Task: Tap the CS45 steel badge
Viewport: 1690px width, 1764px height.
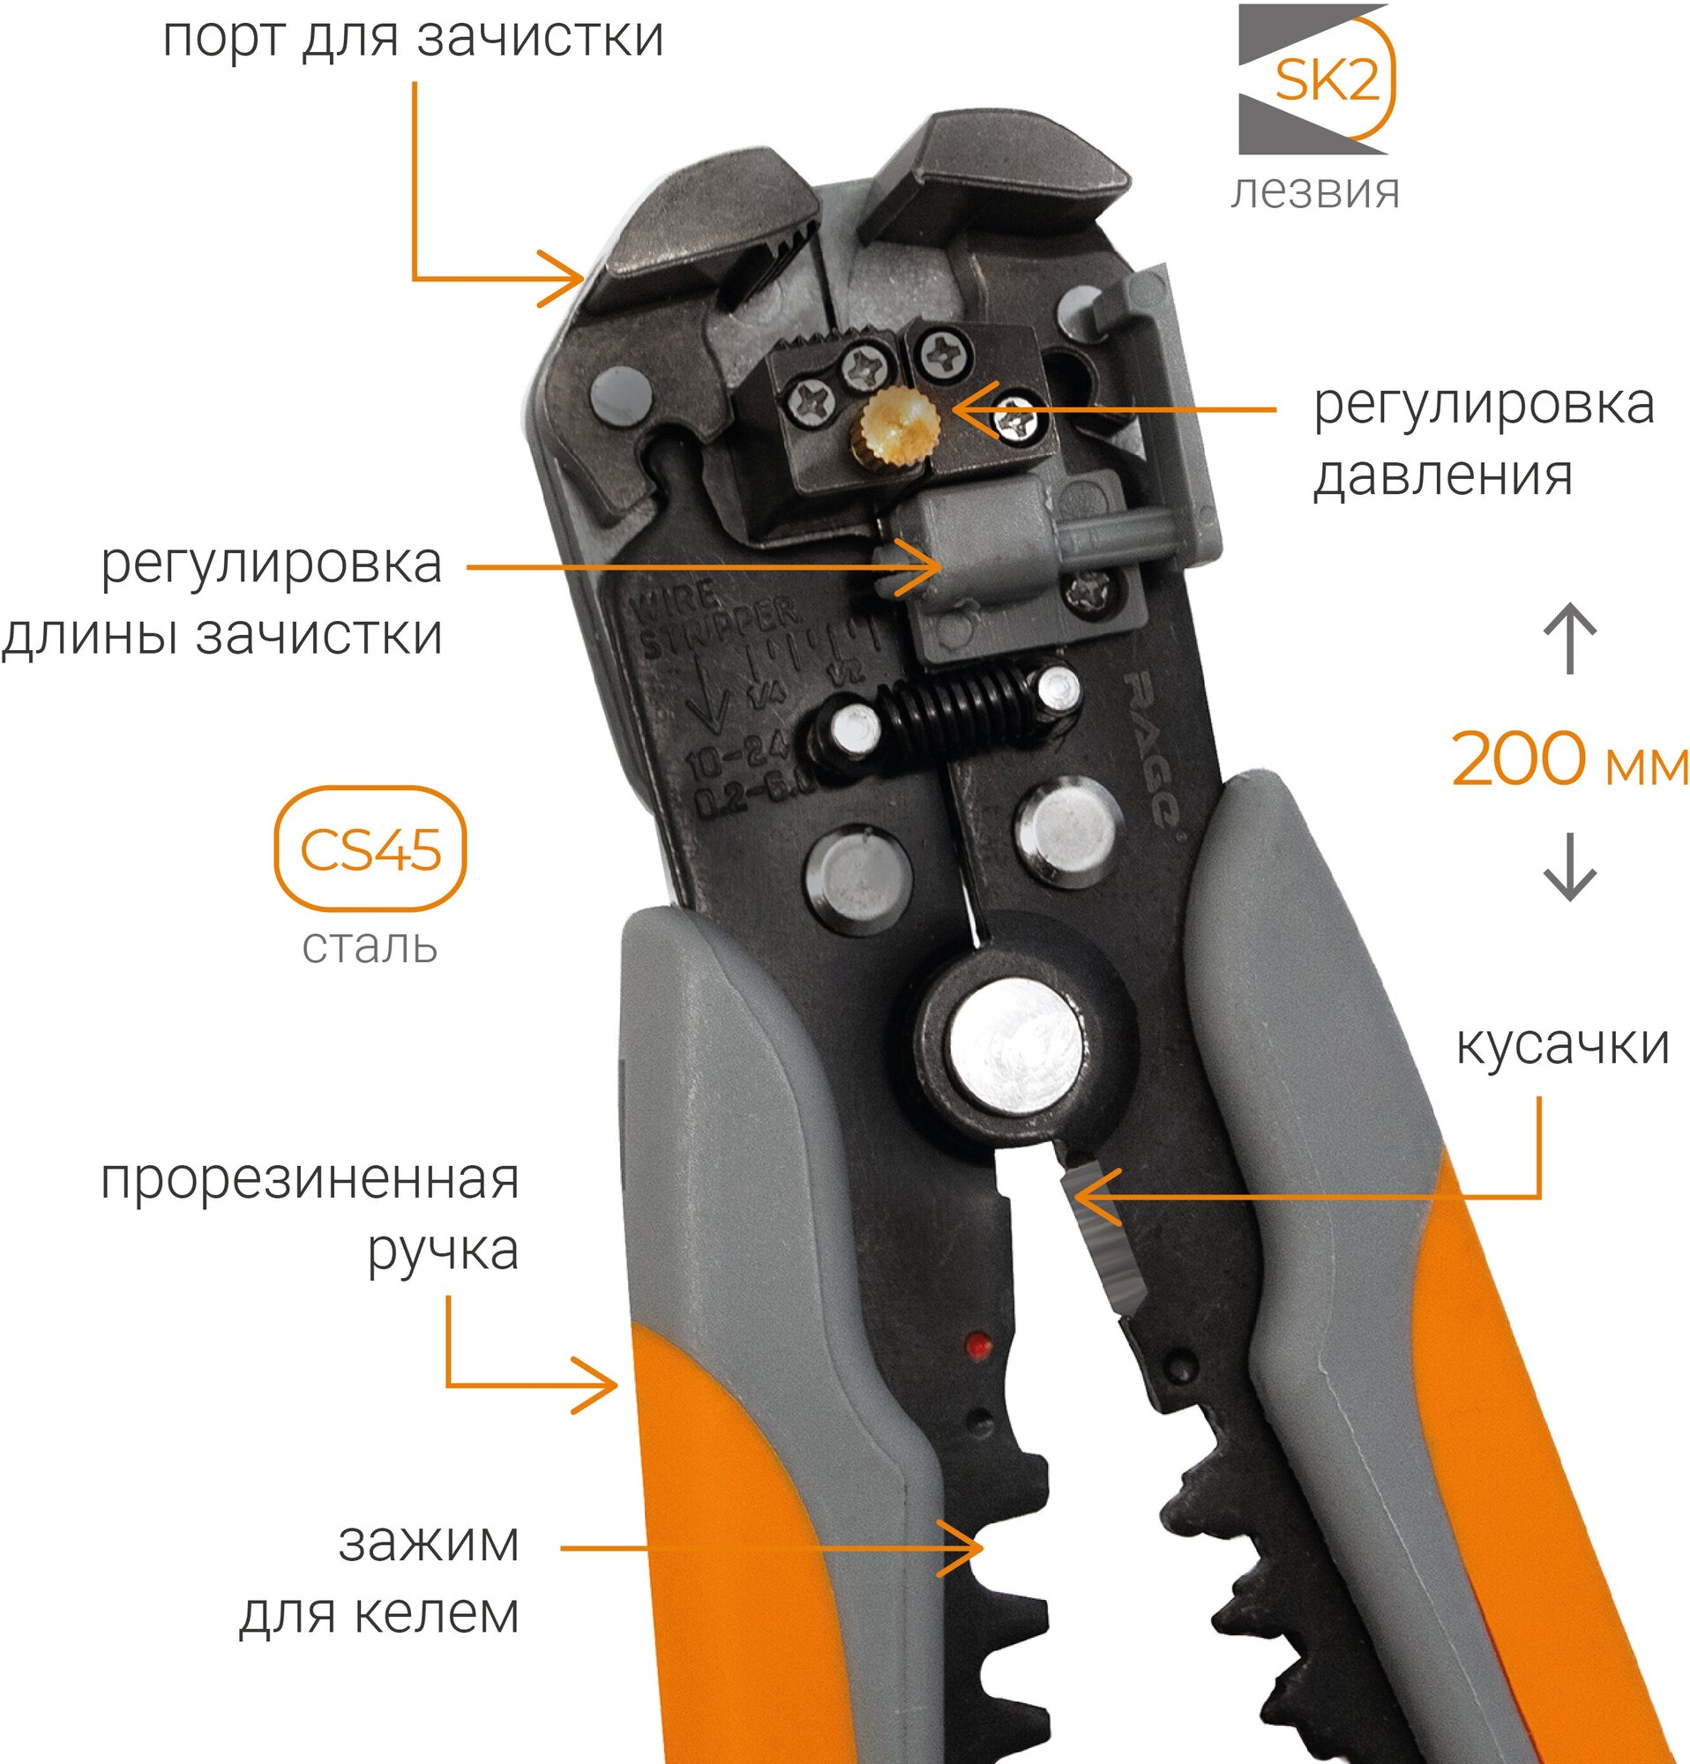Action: click(x=370, y=849)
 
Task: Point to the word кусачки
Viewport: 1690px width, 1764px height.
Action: click(x=1562, y=1046)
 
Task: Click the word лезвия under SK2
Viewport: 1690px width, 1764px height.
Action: click(x=1315, y=191)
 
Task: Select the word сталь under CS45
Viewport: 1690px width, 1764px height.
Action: click(x=370, y=946)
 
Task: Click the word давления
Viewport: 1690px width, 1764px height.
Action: click(x=1442, y=475)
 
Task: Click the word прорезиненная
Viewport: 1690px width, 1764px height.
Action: click(x=310, y=1181)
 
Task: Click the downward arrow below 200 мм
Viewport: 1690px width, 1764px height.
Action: click(x=1569, y=869)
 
